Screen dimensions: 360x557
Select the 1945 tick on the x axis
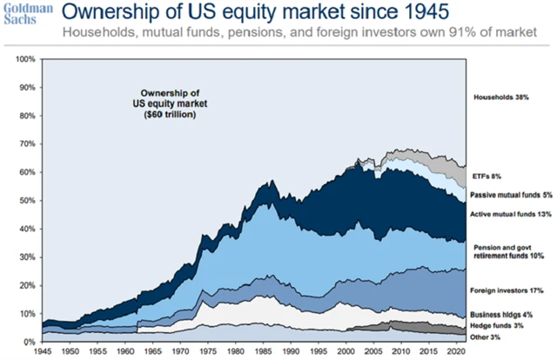[42, 351]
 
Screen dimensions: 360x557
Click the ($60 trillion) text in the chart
[170, 114]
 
